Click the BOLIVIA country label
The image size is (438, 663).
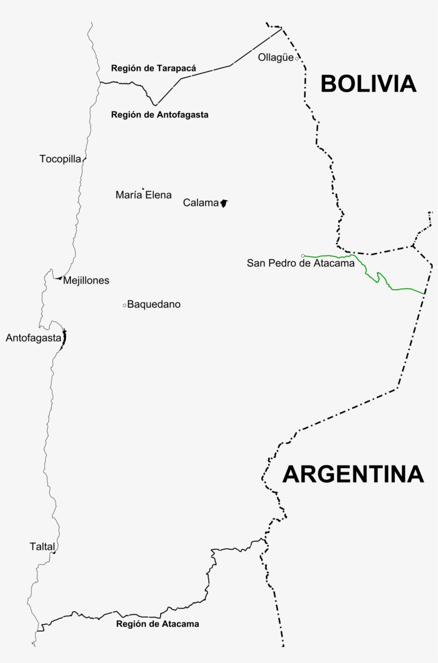[368, 84]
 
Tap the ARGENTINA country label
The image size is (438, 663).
[353, 474]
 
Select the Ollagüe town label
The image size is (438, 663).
[276, 58]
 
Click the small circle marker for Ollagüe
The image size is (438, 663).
[297, 58]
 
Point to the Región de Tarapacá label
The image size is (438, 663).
[153, 68]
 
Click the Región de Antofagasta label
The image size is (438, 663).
[160, 114]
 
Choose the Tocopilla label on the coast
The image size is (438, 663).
[60, 159]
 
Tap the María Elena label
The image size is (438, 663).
[144, 195]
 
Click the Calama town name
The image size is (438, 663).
[201, 203]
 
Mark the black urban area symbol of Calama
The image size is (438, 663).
[224, 203]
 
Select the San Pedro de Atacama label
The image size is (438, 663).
[301, 263]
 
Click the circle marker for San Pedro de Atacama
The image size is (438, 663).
[303, 255]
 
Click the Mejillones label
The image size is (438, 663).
[86, 281]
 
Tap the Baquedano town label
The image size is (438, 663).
[154, 305]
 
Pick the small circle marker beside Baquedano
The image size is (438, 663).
[124, 305]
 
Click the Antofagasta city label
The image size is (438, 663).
[33, 338]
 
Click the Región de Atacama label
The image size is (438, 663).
[158, 624]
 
